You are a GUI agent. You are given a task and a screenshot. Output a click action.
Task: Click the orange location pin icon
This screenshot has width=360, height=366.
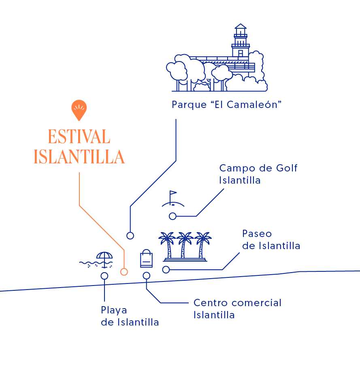click(x=79, y=109)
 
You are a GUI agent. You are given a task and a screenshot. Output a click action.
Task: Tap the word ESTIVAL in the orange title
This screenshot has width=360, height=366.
click(x=79, y=137)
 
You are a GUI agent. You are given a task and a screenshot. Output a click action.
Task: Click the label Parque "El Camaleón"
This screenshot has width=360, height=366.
click(x=226, y=105)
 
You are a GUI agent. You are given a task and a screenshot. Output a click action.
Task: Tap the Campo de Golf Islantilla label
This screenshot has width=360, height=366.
click(x=258, y=174)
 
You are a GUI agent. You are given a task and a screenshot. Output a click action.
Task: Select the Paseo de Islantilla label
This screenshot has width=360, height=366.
click(x=271, y=239)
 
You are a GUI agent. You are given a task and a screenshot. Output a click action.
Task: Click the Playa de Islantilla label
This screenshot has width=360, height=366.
click(x=130, y=316)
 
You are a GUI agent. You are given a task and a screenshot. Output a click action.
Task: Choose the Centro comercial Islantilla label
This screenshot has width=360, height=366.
click(x=237, y=309)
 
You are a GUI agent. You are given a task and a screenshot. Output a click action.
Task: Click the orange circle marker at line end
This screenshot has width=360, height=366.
click(x=124, y=272)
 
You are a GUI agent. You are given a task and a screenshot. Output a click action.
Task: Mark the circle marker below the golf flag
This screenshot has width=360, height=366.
click(x=173, y=216)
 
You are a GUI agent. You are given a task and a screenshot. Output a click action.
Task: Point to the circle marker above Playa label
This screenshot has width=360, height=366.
click(x=104, y=276)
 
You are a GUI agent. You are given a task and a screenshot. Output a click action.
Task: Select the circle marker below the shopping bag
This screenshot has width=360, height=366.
click(x=147, y=276)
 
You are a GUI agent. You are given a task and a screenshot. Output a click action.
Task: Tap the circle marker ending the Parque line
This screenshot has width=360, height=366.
click(x=130, y=235)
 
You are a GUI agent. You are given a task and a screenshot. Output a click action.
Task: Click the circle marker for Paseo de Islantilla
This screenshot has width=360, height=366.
click(x=166, y=270)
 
